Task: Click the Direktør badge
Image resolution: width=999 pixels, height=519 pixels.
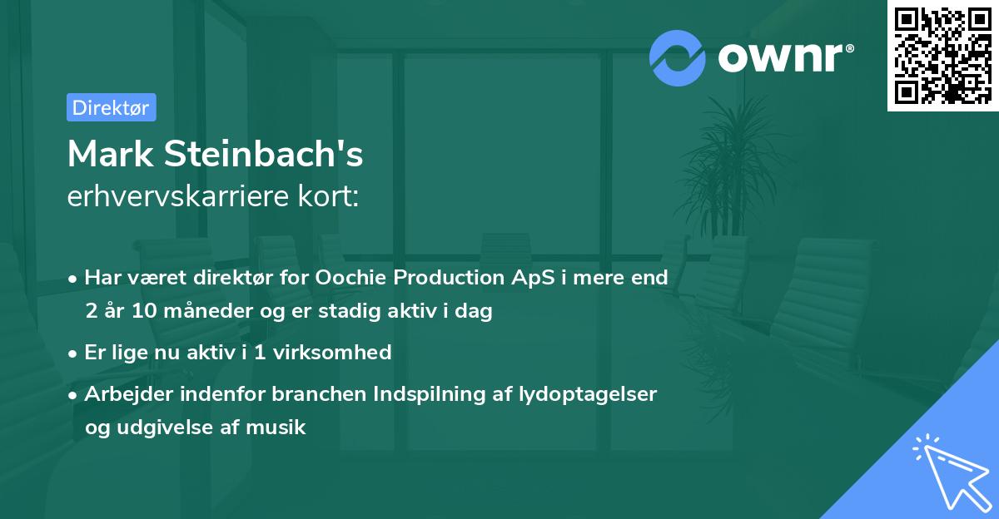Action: point(111,107)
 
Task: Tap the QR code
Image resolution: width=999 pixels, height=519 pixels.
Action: point(943,55)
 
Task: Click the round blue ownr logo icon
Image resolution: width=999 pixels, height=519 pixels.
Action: point(678,57)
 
